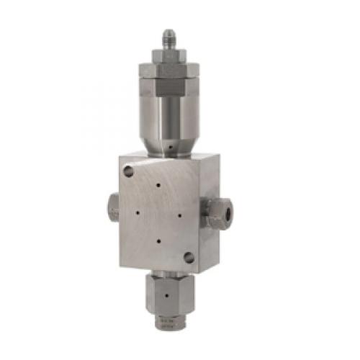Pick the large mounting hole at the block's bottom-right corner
pos(189,256)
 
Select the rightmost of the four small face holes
pos(178,214)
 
